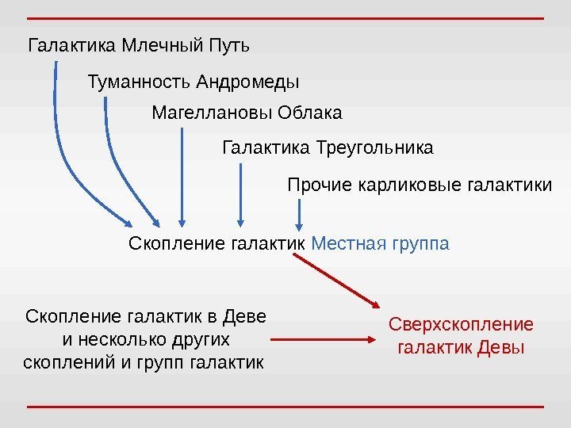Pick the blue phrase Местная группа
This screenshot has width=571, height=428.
coord(381,242)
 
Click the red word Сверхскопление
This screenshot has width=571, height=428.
coord(461,326)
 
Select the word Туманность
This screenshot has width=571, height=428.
coord(139,82)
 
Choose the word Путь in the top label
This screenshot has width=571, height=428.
coord(229,44)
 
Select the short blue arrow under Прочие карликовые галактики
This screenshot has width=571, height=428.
coord(300,214)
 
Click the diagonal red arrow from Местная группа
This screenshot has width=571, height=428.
coord(337,279)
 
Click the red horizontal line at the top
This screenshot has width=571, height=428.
coord(285,17)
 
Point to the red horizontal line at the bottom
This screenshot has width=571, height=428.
coord(285,406)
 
